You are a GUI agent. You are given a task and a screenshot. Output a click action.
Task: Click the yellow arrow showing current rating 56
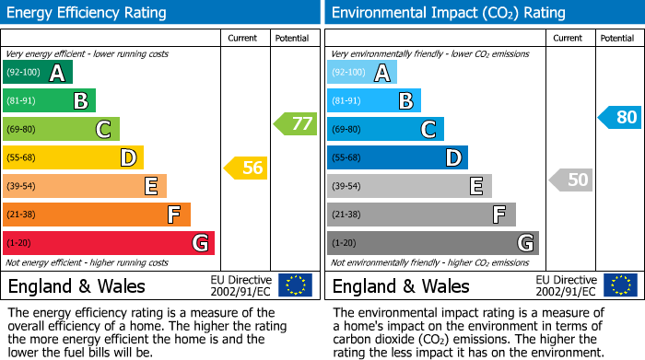pos(244,168)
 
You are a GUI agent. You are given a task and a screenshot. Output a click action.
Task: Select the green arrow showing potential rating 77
pos(294,123)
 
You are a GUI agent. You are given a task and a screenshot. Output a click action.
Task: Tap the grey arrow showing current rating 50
pos(570,180)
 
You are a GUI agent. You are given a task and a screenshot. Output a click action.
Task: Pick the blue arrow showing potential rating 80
pos(618,117)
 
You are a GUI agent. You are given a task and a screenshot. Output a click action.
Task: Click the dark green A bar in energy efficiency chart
pos(38,73)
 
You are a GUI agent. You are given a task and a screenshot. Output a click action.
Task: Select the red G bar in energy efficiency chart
pos(109,243)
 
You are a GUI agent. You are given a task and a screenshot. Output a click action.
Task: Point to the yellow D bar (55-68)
pos(73,157)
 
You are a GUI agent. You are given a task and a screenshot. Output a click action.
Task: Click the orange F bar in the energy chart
pos(97,215)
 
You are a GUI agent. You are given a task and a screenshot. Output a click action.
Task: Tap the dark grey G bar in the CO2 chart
pos(432,243)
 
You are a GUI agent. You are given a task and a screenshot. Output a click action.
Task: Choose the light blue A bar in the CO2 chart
pos(362,73)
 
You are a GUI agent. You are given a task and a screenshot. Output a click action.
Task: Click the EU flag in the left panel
pos(296,285)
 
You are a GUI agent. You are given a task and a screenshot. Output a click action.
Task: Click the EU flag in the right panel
pos(620,285)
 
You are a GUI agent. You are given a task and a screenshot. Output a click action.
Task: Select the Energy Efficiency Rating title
pos(88,13)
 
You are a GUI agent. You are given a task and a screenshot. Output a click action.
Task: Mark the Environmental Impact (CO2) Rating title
pos(448,13)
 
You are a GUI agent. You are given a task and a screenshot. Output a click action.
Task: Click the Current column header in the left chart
pos(244,38)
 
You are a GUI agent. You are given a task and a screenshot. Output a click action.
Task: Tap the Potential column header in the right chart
pos(617,38)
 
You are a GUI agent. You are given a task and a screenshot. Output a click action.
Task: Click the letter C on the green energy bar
pos(104,130)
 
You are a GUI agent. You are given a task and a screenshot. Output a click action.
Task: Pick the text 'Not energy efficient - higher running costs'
pos(88,262)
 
